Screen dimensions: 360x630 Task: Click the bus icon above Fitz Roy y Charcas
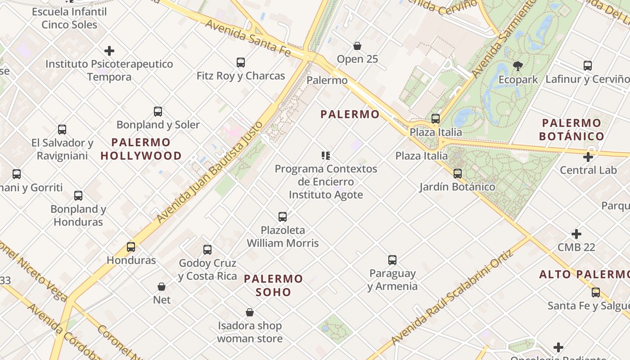[x=241, y=63]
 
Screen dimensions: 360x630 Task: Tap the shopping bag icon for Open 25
[x=357, y=46]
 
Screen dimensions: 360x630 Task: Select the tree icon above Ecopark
[x=518, y=66]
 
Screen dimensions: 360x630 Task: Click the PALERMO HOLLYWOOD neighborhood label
[x=141, y=149]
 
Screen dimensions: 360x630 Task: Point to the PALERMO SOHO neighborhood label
[x=274, y=285]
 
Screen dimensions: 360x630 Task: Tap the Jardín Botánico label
[x=457, y=187]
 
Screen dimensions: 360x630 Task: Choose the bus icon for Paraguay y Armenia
[x=392, y=260]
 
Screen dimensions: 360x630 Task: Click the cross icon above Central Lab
[x=588, y=157]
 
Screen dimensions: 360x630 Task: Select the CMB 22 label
[x=576, y=247]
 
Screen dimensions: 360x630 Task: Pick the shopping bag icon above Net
[x=162, y=287]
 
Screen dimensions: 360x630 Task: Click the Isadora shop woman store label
[x=250, y=332]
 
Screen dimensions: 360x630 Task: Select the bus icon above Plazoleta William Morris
[x=283, y=217]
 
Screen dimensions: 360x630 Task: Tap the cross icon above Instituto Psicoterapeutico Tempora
[x=109, y=51]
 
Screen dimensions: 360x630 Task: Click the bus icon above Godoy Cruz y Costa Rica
[x=207, y=250]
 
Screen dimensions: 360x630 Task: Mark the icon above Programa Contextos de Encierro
[x=326, y=156]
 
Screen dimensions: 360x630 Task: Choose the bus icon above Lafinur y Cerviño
[x=588, y=66]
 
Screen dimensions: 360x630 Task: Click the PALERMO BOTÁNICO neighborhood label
[x=571, y=130]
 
